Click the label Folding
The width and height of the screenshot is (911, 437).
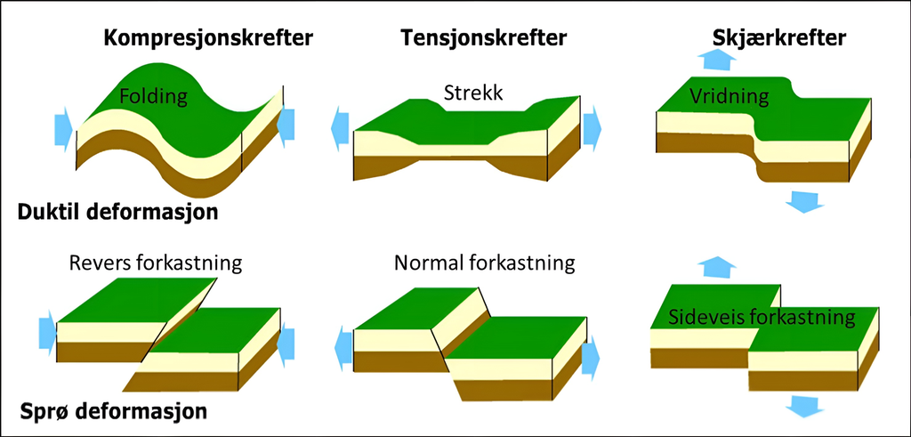(153, 96)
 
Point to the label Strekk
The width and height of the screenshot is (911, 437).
(473, 93)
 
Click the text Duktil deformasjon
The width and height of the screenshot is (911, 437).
(118, 213)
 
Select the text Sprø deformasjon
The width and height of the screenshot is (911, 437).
(114, 412)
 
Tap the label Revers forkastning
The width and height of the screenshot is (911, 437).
(156, 263)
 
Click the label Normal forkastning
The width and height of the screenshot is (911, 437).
(485, 263)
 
